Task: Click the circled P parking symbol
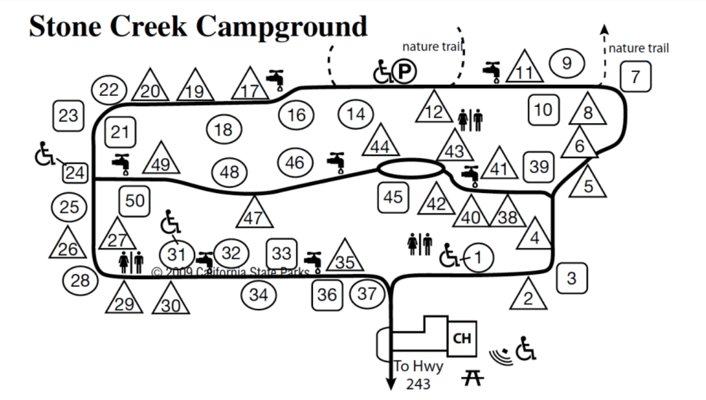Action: (x=405, y=71)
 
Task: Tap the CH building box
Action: (x=462, y=339)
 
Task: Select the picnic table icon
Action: (x=473, y=378)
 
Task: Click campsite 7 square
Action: (x=635, y=77)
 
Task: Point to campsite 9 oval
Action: (x=567, y=63)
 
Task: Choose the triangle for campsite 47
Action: (x=254, y=212)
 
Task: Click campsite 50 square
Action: (x=135, y=201)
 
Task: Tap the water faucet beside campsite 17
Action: (x=276, y=80)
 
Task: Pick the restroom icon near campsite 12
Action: (x=470, y=120)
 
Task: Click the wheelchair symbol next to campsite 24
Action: (x=45, y=153)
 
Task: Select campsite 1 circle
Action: (x=478, y=258)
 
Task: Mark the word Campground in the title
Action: (x=282, y=27)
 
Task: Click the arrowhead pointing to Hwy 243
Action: (x=391, y=383)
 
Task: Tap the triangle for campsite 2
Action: (x=528, y=294)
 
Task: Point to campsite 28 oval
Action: (x=80, y=280)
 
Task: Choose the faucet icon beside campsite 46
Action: (x=336, y=163)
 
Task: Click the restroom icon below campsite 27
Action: (x=131, y=262)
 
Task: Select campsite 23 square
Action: (x=69, y=116)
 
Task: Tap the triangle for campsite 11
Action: (x=525, y=66)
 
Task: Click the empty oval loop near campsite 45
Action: (x=411, y=168)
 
